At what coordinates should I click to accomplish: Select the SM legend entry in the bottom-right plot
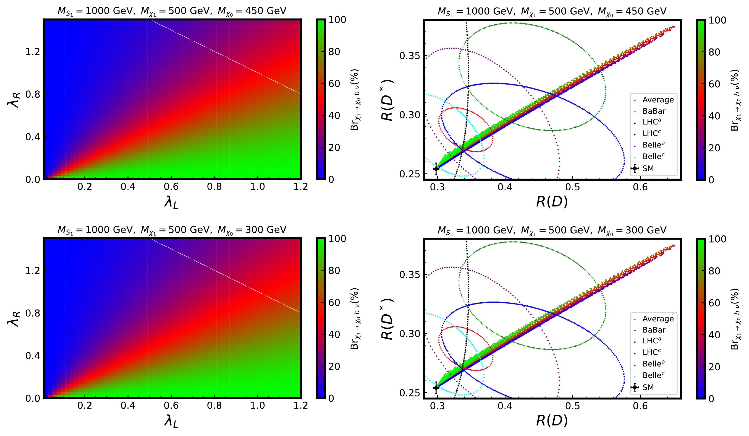648,387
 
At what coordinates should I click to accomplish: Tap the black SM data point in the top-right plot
436,169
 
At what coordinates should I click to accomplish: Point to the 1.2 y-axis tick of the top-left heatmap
33,52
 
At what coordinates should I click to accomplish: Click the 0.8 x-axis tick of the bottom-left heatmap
214,405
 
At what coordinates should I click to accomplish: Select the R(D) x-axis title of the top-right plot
552,202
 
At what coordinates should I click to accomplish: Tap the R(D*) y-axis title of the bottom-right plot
387,319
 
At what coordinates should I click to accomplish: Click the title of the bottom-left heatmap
172,230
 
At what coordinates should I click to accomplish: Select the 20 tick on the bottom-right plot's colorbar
714,367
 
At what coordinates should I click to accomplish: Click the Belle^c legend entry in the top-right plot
653,156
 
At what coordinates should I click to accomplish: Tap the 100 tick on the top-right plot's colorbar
717,20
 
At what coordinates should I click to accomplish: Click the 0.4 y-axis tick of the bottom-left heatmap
33,356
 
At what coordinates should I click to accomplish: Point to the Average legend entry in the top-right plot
658,100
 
